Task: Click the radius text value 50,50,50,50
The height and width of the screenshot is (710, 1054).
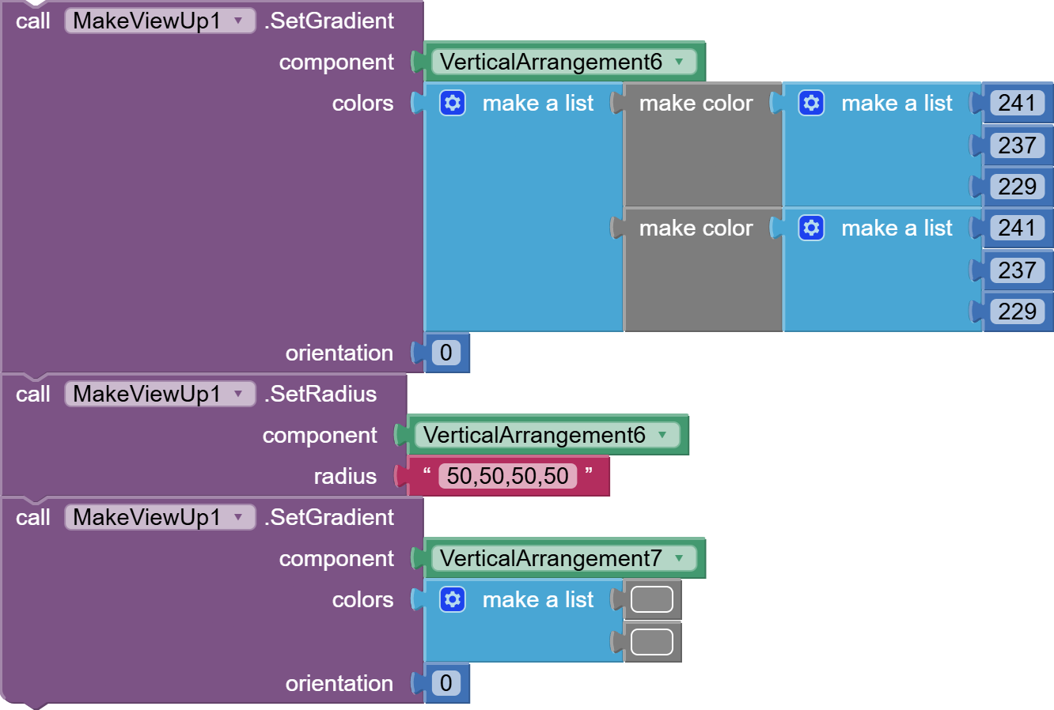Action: (507, 476)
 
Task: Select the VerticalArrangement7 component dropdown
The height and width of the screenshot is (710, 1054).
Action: (563, 558)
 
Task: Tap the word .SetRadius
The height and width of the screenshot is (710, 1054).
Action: (320, 394)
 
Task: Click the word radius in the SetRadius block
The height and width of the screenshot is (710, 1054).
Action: (345, 476)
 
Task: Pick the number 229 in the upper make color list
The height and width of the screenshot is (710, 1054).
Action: (1018, 187)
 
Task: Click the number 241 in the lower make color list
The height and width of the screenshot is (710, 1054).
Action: (1018, 228)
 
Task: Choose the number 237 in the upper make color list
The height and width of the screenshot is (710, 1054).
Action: (1018, 145)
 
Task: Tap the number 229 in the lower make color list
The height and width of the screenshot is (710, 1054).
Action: (1018, 312)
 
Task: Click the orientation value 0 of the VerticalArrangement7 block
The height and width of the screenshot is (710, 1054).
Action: (446, 683)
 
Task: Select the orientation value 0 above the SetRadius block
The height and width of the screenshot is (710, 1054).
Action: (446, 352)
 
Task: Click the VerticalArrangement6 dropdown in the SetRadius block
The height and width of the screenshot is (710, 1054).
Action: (547, 435)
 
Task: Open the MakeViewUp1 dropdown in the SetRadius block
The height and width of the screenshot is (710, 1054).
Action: (160, 394)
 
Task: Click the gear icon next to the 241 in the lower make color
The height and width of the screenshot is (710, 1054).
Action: (811, 228)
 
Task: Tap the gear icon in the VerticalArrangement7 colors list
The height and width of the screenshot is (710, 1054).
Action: (453, 599)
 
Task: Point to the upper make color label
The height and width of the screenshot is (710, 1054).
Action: (696, 103)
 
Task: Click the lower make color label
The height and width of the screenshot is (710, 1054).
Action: (696, 228)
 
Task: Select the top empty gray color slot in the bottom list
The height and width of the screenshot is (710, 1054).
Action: (652, 599)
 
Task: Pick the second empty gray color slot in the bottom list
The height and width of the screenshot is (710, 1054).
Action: (652, 642)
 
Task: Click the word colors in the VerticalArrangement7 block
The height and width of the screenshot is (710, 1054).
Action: (362, 600)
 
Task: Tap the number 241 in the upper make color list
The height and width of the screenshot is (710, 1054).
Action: (1018, 103)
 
